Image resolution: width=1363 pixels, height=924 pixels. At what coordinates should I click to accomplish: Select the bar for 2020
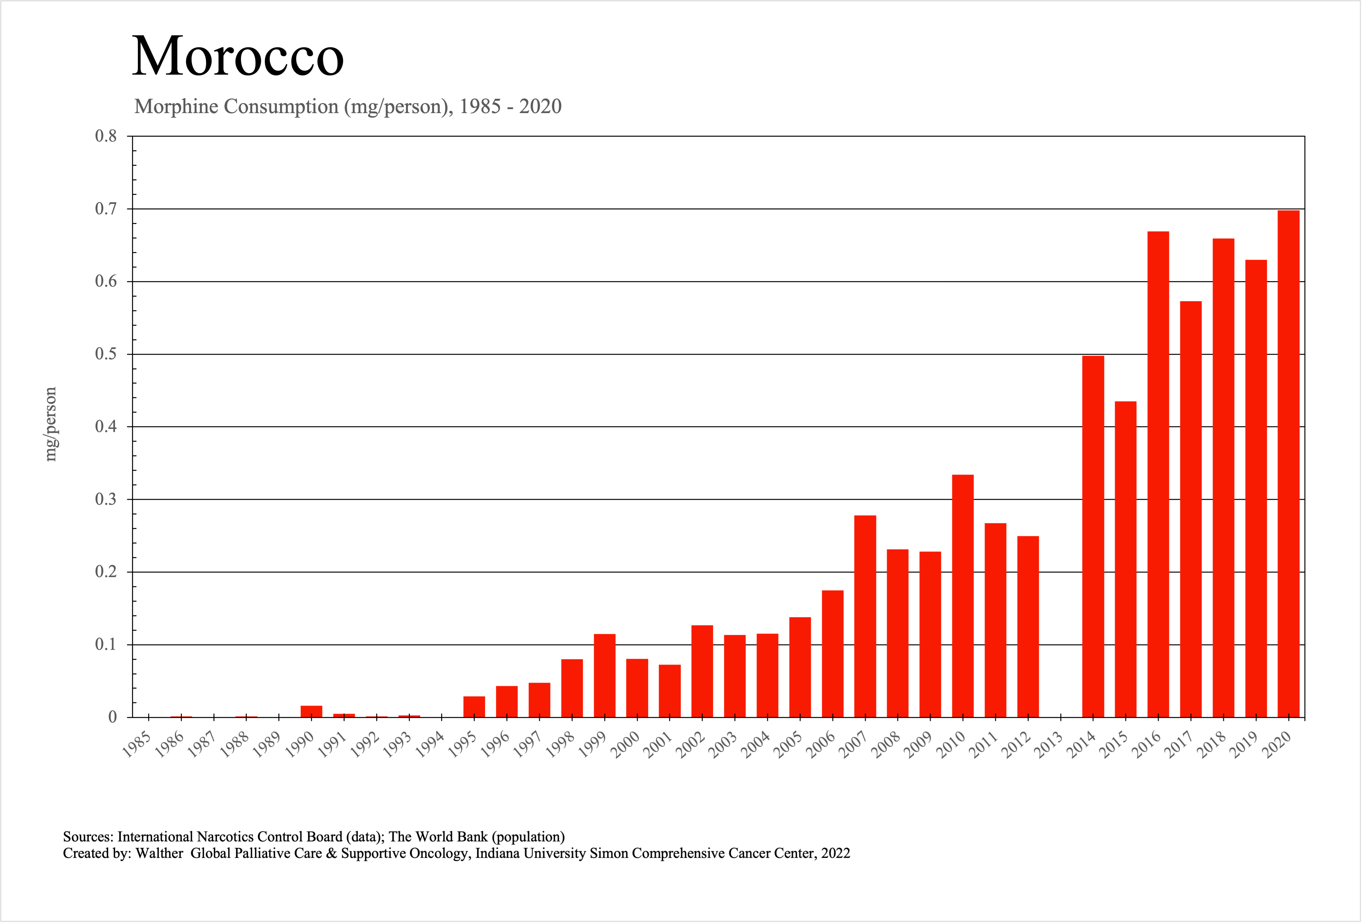(x=1288, y=464)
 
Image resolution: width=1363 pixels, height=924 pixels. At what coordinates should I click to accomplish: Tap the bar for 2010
(x=963, y=595)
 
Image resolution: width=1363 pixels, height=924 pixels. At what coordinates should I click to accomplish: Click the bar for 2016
(x=1158, y=474)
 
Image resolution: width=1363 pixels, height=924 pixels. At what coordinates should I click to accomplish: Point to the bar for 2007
(x=865, y=616)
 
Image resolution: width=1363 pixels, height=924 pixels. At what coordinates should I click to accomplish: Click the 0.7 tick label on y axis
(x=106, y=209)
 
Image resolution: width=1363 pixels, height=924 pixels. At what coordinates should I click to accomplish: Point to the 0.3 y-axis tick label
(x=106, y=499)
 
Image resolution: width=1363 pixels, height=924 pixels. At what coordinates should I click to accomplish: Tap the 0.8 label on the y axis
(x=106, y=136)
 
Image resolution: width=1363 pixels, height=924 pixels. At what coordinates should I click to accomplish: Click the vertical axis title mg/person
(x=51, y=424)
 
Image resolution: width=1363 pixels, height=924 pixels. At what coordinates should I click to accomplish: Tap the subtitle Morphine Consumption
(x=236, y=106)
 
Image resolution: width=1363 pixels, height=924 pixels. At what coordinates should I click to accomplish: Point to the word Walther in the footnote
(x=160, y=853)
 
